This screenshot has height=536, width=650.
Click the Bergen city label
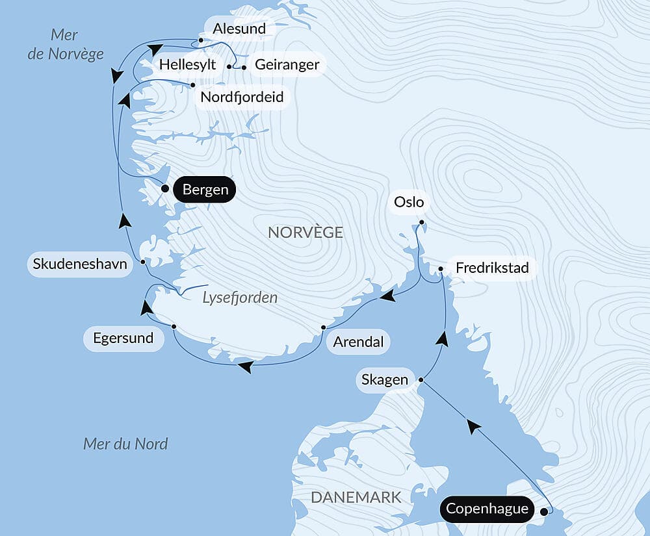pyautogui.click(x=205, y=190)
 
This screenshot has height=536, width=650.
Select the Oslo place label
pyautogui.click(x=409, y=202)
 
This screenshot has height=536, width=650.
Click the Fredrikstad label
pyautogui.click(x=492, y=268)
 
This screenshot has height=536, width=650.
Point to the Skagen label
pyautogui.click(x=385, y=379)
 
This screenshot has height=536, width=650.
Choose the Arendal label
pyautogui.click(x=358, y=342)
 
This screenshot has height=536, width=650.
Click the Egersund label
pyautogui.click(x=123, y=338)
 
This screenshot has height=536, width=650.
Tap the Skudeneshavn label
pyautogui.click(x=80, y=265)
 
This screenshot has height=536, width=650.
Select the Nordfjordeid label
pyautogui.click(x=242, y=97)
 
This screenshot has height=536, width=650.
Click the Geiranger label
pyautogui.click(x=287, y=64)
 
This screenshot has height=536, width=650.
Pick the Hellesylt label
pyautogui.click(x=187, y=64)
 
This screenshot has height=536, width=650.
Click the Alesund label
pyautogui.click(x=239, y=29)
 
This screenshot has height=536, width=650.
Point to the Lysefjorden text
pyautogui.click(x=240, y=298)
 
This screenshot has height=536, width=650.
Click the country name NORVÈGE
pyautogui.click(x=305, y=233)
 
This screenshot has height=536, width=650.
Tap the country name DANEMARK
pyautogui.click(x=356, y=498)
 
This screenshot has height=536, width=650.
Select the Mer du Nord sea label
pyautogui.click(x=125, y=444)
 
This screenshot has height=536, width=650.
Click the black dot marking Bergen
pyautogui.click(x=165, y=189)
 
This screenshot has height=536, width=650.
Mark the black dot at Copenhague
pyautogui.click(x=544, y=511)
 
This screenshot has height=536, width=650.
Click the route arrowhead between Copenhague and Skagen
pyautogui.click(x=474, y=426)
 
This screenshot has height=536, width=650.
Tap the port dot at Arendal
pyautogui.click(x=323, y=327)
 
